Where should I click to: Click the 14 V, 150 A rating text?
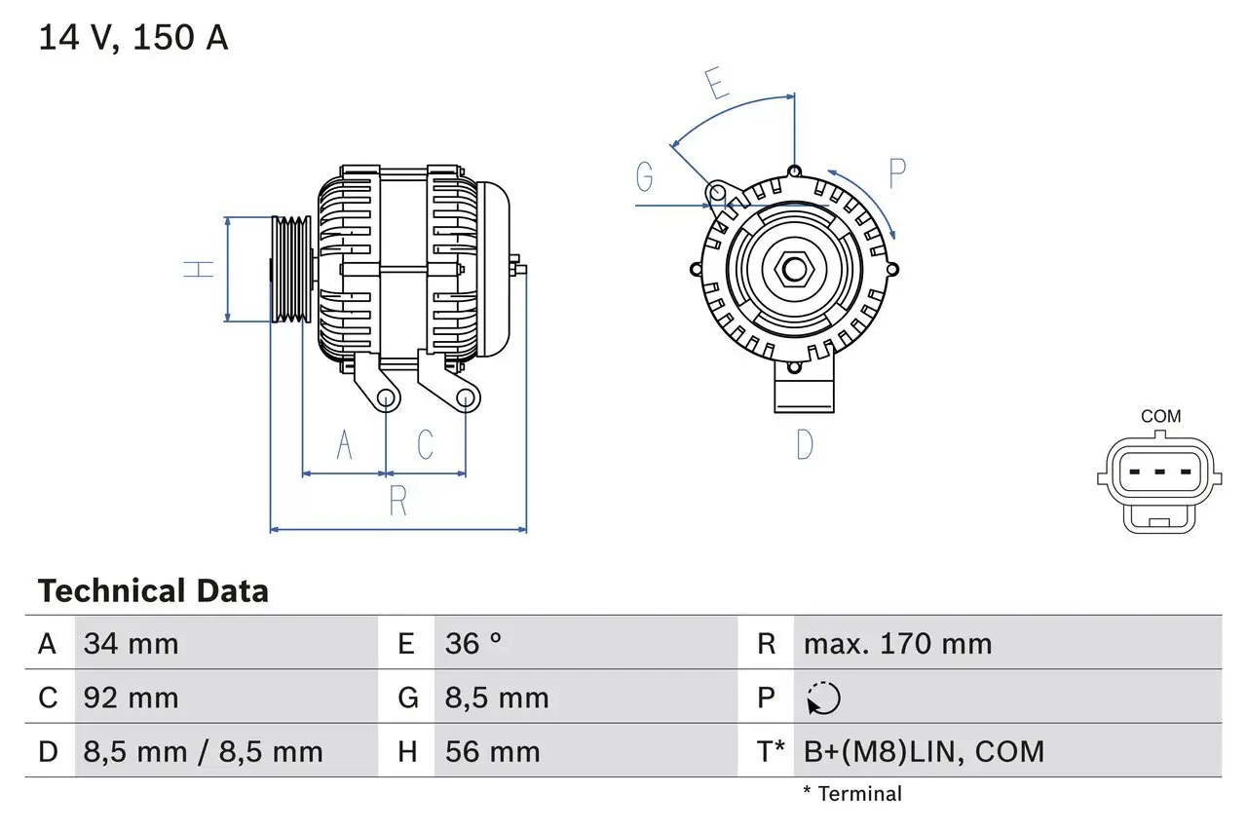click(x=133, y=38)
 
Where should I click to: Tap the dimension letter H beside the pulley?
click(x=200, y=269)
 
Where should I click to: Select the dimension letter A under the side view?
click(x=344, y=444)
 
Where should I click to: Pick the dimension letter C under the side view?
click(x=426, y=444)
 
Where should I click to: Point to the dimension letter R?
click(x=397, y=501)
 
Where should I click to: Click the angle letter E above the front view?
click(x=718, y=85)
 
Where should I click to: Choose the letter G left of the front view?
click(x=645, y=177)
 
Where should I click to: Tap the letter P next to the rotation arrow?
click(x=897, y=172)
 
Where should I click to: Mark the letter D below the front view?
click(x=805, y=444)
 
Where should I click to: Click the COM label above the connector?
click(x=1160, y=416)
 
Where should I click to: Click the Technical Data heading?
click(x=153, y=591)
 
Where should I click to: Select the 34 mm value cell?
click(x=132, y=643)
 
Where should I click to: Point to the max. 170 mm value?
click(x=897, y=643)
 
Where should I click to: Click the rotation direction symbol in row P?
click(x=823, y=698)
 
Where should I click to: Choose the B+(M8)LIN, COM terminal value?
click(x=924, y=751)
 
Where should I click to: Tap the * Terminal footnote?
click(x=852, y=794)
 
